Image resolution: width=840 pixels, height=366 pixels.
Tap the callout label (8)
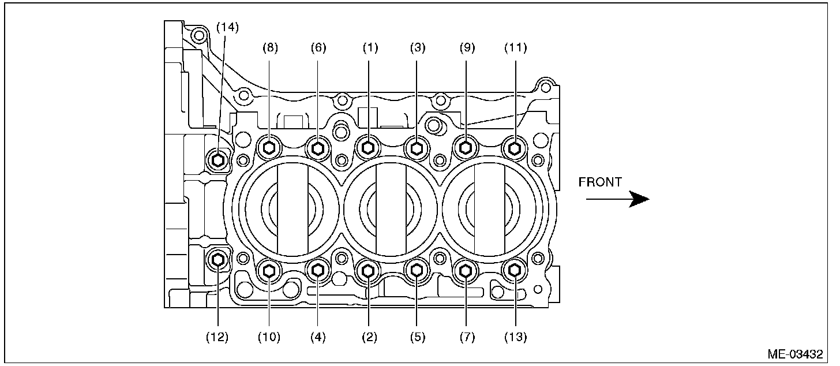point(269,48)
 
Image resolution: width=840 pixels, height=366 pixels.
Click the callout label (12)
point(218,337)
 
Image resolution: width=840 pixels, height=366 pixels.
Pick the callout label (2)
point(369,337)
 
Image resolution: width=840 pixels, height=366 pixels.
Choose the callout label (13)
point(515,337)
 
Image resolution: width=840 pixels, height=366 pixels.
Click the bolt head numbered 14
point(218,158)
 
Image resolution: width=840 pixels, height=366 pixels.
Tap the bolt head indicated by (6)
point(318,148)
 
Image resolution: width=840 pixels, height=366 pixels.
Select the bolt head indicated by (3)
point(417,148)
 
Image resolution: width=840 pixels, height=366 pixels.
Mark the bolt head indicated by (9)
point(466,148)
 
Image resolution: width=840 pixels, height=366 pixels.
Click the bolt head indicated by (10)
point(269,269)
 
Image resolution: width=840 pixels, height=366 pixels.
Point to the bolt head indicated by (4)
point(318,269)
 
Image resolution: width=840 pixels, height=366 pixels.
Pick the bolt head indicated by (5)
point(417,269)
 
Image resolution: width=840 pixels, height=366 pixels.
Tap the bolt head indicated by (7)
point(466,269)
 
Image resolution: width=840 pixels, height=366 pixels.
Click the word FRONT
point(600,182)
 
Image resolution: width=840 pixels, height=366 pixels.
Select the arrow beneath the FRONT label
point(617,200)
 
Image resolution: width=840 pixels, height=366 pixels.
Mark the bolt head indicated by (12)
point(218,260)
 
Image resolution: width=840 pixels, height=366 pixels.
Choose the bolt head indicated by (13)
point(515,269)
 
